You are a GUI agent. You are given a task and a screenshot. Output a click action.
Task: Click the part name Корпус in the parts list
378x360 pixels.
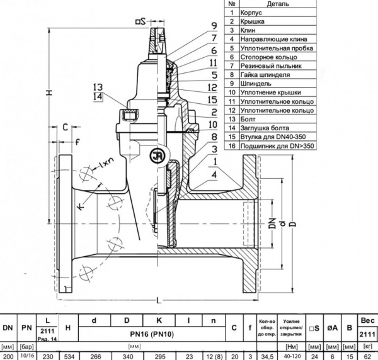(256, 13)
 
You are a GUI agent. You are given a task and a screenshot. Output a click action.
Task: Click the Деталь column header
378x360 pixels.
(278, 4)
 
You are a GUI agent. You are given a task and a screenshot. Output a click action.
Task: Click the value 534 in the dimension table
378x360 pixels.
(67, 356)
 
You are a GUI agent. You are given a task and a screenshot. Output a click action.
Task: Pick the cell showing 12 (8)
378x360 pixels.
(214, 356)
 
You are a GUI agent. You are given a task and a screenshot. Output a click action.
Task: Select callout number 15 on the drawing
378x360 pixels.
(214, 99)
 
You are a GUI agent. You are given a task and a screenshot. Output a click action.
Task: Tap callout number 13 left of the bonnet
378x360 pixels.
(96, 87)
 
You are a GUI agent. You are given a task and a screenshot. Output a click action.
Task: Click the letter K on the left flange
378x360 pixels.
(81, 206)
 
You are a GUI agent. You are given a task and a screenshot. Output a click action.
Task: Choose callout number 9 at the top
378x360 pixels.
(214, 26)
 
